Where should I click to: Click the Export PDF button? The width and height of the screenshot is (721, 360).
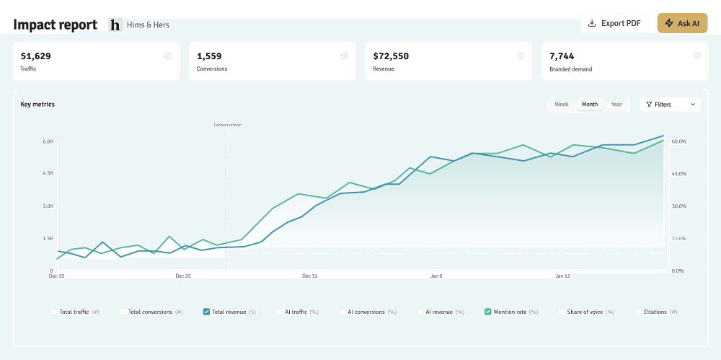click(x=614, y=23)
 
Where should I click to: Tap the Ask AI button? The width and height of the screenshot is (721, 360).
click(x=682, y=23)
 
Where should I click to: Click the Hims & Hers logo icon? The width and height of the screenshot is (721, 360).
click(x=115, y=25)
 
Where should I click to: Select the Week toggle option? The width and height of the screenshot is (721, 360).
click(x=562, y=105)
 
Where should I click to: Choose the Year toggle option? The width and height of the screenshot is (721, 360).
click(x=616, y=105)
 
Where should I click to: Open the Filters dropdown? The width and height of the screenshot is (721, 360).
click(x=671, y=105)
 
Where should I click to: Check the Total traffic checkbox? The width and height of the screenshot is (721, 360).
click(x=54, y=312)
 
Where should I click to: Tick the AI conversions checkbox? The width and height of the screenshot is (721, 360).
click(x=342, y=312)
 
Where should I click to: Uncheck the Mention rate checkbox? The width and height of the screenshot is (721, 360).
click(x=488, y=312)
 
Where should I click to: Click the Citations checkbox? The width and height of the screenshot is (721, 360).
click(x=638, y=312)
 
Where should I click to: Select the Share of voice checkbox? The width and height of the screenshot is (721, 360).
click(x=561, y=312)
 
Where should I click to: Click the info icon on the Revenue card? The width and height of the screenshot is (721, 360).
click(x=521, y=56)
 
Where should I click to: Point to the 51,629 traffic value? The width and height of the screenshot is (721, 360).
click(x=36, y=56)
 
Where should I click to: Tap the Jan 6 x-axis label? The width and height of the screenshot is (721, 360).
click(x=436, y=276)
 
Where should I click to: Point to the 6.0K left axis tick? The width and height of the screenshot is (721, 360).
click(x=48, y=141)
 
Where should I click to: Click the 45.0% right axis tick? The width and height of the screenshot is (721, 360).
click(x=678, y=174)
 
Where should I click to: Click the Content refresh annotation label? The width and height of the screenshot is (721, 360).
click(x=228, y=125)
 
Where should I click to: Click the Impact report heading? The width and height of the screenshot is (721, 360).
click(x=56, y=25)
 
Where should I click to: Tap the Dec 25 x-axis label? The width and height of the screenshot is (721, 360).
click(x=183, y=276)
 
